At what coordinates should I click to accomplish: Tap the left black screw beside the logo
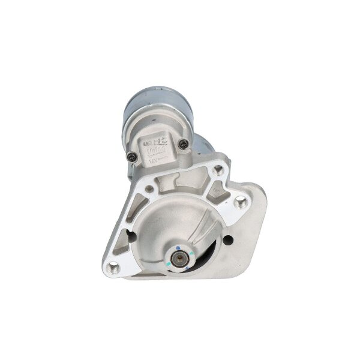131,157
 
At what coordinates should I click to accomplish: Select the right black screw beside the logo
183,142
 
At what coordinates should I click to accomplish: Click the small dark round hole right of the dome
229,241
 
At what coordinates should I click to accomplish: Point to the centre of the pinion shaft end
178,246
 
